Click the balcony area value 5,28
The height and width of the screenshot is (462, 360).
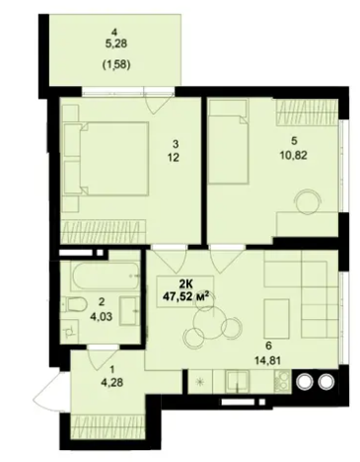115,43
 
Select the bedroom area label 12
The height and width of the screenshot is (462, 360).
173,158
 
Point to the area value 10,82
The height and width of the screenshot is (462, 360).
294,155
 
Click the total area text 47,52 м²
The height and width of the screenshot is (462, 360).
186,297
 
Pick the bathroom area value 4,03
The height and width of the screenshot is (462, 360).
102,317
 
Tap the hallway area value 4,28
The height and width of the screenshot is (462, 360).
112,383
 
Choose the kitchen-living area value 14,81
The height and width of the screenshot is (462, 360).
267,361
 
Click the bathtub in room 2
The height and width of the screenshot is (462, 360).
106,276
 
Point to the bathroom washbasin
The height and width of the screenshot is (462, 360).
129,310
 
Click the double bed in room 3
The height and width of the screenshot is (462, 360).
107,159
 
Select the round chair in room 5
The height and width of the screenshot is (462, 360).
307,202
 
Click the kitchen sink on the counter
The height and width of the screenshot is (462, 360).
238,381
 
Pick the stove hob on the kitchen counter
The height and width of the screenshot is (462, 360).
282,381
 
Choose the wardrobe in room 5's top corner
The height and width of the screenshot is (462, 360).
306,113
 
